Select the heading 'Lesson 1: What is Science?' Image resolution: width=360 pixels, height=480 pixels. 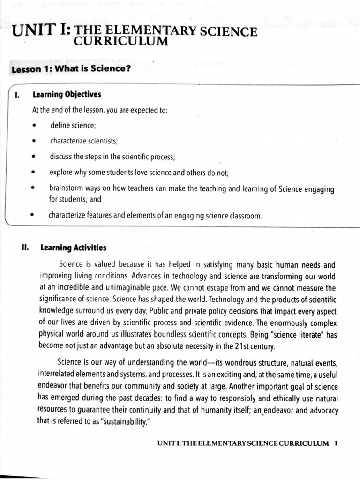(71, 69)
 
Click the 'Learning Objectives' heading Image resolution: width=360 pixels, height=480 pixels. (67, 95)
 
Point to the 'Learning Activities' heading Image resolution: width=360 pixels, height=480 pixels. (73, 247)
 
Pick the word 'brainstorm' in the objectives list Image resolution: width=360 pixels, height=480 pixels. (66, 189)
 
